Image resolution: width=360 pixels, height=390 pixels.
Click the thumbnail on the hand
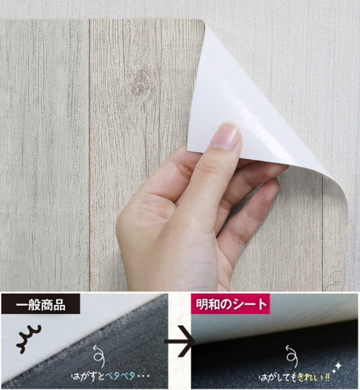pyautogui.click(x=226, y=136)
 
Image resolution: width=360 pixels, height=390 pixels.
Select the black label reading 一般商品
pyautogui.click(x=41, y=304)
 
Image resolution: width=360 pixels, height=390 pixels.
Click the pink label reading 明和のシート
pyautogui.click(x=230, y=304)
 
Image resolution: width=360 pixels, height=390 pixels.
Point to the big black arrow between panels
pyautogui.click(x=179, y=341)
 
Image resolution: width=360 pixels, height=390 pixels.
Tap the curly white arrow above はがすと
pyautogui.click(x=99, y=356)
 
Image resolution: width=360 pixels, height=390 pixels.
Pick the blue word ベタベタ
pyautogui.click(x=120, y=376)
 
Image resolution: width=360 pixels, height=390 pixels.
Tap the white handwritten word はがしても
pyautogui.click(x=278, y=378)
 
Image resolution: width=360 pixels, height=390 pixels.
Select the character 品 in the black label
pyautogui.click(x=59, y=304)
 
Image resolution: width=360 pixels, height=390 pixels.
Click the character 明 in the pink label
pyautogui.click(x=202, y=304)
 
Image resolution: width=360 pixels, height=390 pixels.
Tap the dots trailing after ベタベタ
pyautogui.click(x=143, y=376)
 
